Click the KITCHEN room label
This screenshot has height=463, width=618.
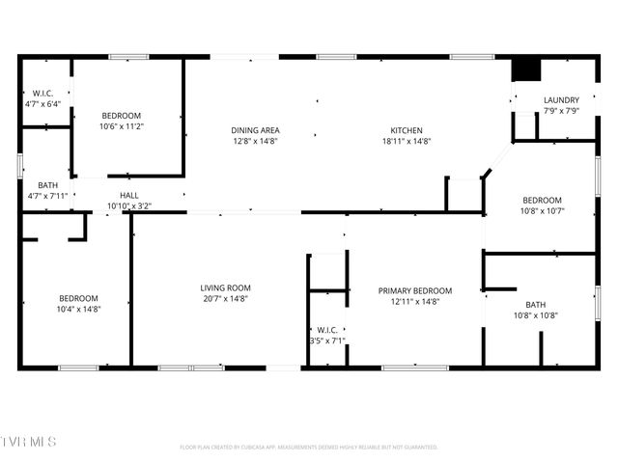[x=406, y=130]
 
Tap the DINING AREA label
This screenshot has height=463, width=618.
[x=255, y=130]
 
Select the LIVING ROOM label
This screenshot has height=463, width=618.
[x=225, y=288]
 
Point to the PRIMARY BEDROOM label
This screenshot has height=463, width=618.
[x=415, y=290]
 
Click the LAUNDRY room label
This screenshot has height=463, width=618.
[x=561, y=100]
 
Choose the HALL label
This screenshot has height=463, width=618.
[x=128, y=195]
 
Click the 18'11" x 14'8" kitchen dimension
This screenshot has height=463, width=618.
[x=406, y=141]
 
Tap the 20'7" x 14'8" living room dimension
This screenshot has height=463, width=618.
[x=225, y=299]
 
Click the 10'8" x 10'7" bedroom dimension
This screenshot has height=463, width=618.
[x=542, y=210]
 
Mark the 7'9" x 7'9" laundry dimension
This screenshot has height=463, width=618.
[x=561, y=111]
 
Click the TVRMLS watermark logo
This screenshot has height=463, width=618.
[x=29, y=442]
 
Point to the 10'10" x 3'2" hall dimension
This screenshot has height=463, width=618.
[x=128, y=205]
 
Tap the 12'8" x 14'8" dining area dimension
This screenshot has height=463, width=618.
[x=255, y=141]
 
